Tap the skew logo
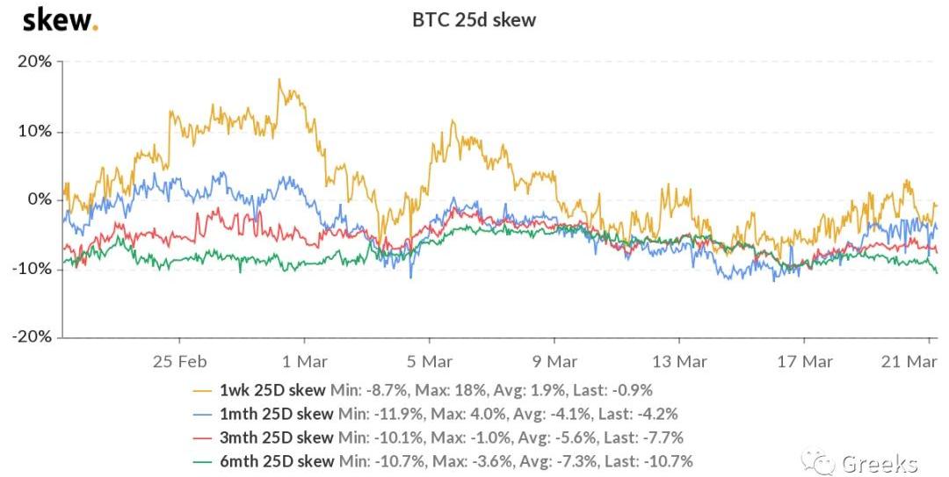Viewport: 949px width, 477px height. point(60,18)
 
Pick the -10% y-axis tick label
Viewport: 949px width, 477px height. point(33,269)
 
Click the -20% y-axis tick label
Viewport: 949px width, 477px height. point(33,337)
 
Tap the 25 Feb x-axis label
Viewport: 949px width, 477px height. point(179,361)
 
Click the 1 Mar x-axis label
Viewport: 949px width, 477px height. point(304,361)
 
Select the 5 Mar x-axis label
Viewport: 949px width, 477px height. point(429,361)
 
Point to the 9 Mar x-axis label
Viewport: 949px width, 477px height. point(554,361)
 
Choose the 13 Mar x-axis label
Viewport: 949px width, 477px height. point(679,361)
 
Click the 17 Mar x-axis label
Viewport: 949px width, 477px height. point(805,361)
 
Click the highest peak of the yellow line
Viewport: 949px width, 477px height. point(279,80)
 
